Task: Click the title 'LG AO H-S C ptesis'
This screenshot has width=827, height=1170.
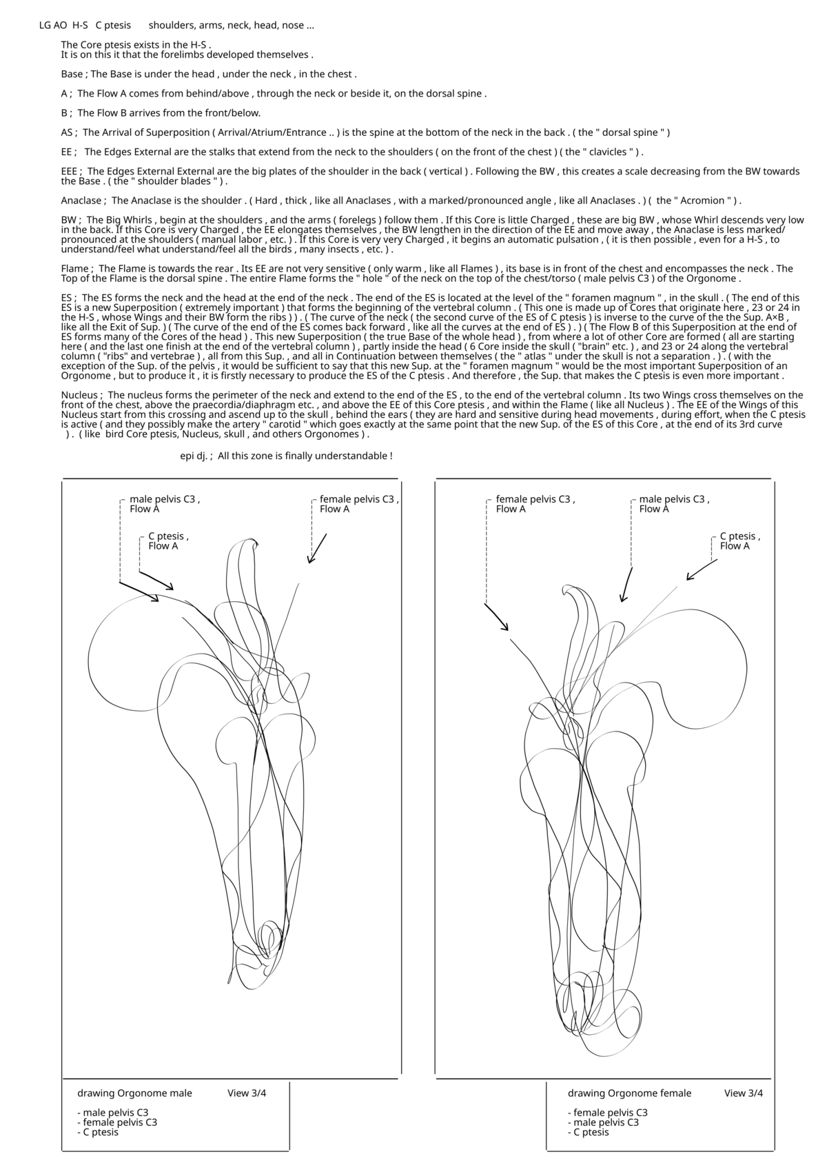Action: click(85, 26)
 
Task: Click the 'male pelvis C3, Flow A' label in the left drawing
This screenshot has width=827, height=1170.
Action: click(165, 504)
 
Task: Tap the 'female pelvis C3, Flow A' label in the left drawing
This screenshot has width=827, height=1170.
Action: click(359, 504)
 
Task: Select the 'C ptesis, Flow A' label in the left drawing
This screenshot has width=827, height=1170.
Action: click(168, 541)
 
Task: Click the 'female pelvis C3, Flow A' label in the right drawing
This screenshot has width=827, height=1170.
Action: click(535, 504)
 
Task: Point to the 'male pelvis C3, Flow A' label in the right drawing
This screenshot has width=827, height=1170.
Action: click(674, 504)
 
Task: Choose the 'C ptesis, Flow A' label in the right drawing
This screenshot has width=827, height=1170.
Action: click(740, 541)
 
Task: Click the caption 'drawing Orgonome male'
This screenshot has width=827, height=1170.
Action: click(134, 1093)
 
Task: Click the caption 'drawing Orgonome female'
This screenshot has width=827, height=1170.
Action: click(629, 1093)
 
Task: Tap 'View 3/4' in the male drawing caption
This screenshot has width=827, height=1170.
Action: click(247, 1093)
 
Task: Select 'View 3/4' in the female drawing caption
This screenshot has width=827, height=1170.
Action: click(744, 1093)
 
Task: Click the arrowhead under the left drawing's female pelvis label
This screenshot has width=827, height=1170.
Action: click(310, 561)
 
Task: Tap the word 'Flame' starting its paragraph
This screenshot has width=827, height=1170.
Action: click(74, 269)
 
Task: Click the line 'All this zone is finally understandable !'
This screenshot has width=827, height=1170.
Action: click(305, 456)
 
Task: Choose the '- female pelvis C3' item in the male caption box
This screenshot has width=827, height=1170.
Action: click(117, 1122)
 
